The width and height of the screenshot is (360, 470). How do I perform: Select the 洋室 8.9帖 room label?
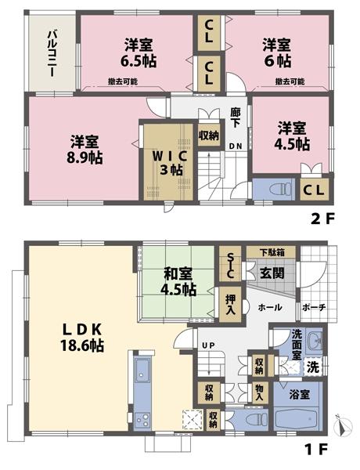(x=85, y=149)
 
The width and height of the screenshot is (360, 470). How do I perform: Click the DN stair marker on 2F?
(x=235, y=146)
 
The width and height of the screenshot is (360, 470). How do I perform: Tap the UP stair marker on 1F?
(x=209, y=345)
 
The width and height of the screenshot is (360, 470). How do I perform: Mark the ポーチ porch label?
(x=314, y=307)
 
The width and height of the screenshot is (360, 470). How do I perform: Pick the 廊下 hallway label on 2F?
(x=235, y=117)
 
